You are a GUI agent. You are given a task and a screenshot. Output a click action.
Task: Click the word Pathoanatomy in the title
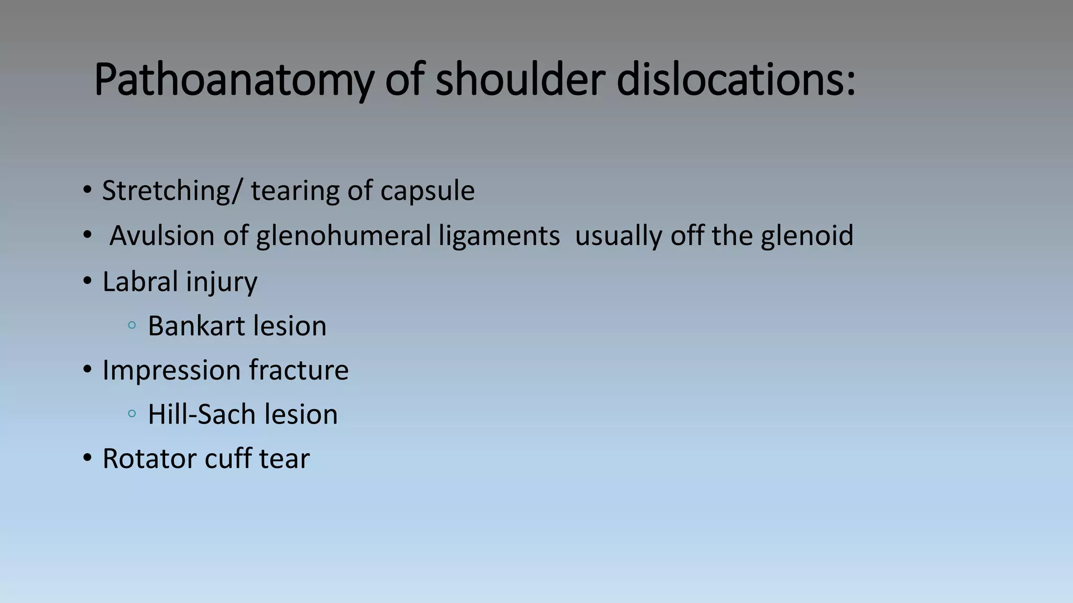coord(233,80)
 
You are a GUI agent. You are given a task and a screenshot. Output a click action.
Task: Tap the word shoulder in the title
coord(520,80)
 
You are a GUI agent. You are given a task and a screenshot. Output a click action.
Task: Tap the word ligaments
coord(499,236)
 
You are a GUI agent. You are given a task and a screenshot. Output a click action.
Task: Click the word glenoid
coord(807,236)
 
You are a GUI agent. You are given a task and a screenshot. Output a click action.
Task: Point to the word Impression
coord(171,371)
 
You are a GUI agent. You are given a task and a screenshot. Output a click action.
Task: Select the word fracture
coord(299,371)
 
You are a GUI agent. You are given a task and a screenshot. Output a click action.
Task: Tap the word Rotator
coord(149,459)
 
